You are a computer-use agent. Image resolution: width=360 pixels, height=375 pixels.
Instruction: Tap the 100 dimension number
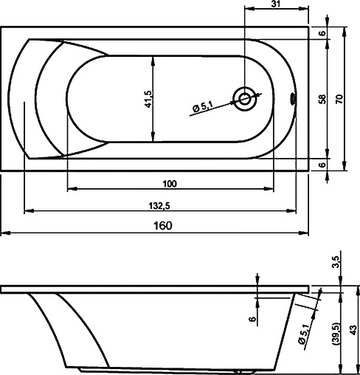pyautogui.click(x=170, y=183)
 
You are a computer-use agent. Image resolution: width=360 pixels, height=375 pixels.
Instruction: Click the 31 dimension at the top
pyautogui.click(x=275, y=4)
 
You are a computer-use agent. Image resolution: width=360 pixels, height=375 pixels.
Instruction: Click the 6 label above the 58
pyautogui.click(x=323, y=33)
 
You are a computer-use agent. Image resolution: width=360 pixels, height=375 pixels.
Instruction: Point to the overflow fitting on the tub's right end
pyautogui.click(x=294, y=96)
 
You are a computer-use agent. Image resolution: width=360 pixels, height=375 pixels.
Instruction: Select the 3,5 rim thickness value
pyautogui.click(x=336, y=262)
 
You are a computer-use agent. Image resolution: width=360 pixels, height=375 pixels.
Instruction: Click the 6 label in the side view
pyautogui.click(x=252, y=318)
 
